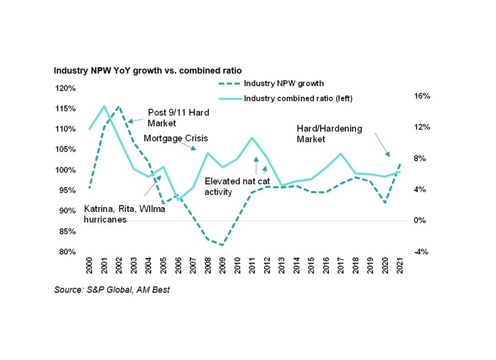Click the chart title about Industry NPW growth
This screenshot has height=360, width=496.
coord(148,70)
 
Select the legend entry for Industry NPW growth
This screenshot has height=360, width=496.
coord(283,83)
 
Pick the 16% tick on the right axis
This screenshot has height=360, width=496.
coord(416,96)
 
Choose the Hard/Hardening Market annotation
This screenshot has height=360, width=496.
coord(329,133)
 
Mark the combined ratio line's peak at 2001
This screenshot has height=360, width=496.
coord(105,106)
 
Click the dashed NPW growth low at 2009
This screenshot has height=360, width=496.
coord(222,245)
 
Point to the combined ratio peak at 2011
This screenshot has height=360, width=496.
coord(252,138)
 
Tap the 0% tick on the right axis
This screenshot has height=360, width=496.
coord(416,221)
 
